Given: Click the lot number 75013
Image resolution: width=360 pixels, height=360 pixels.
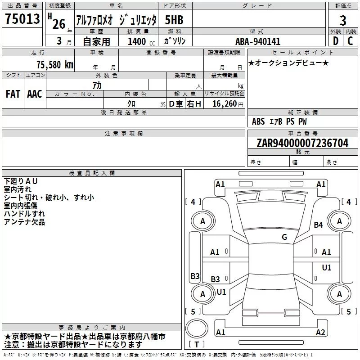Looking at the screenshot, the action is tap(22, 20).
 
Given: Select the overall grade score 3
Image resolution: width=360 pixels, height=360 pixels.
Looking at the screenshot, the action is tap(343, 21).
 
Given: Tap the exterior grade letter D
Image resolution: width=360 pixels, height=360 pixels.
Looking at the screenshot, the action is tap(335, 40).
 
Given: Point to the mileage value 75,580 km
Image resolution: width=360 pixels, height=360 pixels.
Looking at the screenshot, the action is tap(54, 64).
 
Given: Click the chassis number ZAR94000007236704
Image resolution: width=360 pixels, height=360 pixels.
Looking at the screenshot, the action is tap(302, 143).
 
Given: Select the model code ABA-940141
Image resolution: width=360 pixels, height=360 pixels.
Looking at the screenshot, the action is tap(258, 41).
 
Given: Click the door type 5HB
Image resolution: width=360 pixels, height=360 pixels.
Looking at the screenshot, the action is tap(174, 20).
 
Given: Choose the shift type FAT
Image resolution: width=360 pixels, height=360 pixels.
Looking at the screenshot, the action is tap(13, 94).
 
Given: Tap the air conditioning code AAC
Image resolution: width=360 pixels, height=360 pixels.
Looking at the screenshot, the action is tap(35, 94).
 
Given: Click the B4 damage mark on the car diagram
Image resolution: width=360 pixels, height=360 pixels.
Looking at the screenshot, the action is tap(319, 225).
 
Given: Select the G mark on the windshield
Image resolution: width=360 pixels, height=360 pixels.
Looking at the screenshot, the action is tap(284, 237).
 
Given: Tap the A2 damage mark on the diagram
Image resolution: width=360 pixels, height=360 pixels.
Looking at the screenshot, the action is tap(320, 333).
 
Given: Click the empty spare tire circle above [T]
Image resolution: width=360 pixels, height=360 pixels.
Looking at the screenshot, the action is tap(197, 329).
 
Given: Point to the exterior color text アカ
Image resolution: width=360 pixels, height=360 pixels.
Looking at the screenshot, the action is tap(97, 85).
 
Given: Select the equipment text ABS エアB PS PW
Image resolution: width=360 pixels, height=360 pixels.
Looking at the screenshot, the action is tap(279, 121).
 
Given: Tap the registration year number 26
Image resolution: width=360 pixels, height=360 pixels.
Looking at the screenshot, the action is tap(58, 24).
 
